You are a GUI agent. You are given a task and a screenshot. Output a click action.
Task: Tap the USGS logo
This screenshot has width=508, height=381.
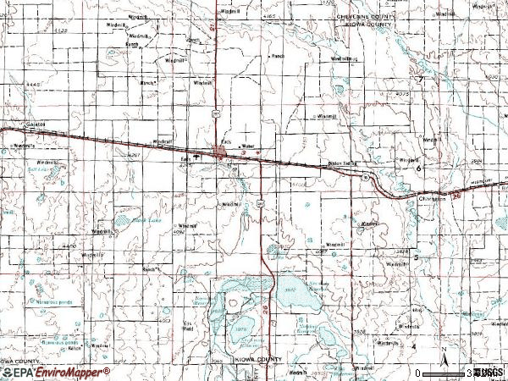[489, 372]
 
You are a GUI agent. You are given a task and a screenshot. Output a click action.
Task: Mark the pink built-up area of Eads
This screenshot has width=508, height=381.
[221, 153]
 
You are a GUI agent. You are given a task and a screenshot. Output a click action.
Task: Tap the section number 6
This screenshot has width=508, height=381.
[417, 168]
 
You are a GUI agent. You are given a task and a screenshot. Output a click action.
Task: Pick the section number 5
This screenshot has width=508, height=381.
[416, 257]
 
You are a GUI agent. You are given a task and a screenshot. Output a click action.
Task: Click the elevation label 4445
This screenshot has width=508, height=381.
[34, 85]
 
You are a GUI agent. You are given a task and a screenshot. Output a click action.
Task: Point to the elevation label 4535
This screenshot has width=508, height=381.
[59, 30]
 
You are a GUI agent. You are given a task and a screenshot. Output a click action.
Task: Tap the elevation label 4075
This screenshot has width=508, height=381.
[401, 94]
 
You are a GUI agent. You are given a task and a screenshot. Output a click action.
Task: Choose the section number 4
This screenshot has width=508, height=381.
[414, 346]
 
